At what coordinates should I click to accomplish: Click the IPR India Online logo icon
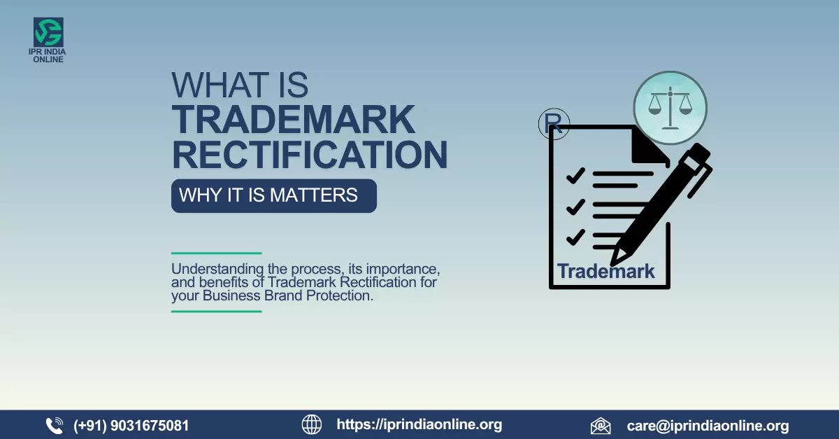pos(48,33)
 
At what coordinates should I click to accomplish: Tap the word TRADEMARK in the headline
pos(294,120)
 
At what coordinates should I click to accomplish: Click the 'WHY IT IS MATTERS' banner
pos(273,195)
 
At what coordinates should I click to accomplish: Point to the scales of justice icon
pos(670,108)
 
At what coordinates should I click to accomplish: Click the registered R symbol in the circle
pos(554,125)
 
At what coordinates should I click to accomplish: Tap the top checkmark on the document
pos(575,176)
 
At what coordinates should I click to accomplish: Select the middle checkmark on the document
pos(575,207)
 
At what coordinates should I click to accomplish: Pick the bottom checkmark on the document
pos(575,237)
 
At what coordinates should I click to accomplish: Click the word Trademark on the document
pos(605,271)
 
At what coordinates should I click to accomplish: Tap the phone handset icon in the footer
pos(55,425)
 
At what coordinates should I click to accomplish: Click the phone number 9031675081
pos(131,425)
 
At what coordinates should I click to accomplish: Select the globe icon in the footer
pos(312,424)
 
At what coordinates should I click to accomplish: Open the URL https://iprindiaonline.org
pos(419,424)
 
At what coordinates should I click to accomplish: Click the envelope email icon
pos(601,426)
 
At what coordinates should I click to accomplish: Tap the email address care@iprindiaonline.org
pos(708,426)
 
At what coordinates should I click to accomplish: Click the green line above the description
pos(216,253)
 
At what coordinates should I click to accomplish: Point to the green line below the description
pos(216,311)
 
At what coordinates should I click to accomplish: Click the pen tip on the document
pos(616,258)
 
